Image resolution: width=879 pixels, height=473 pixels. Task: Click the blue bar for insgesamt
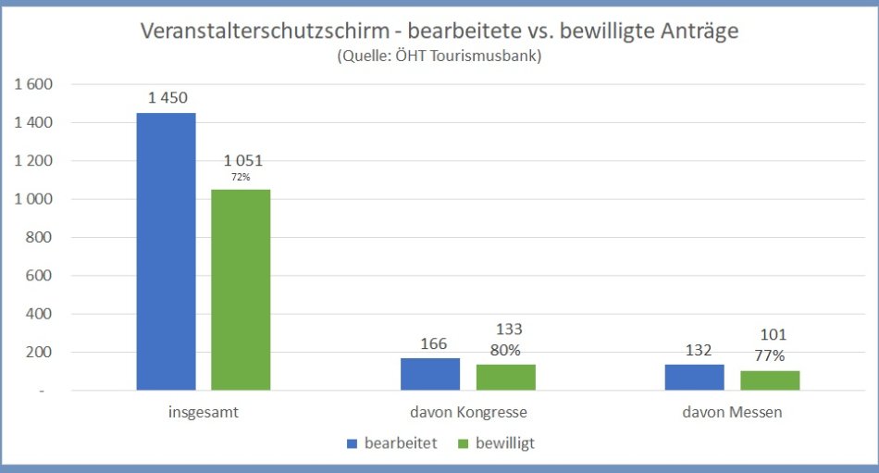pos(167,251)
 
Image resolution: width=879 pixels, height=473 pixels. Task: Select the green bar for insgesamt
pos(241,290)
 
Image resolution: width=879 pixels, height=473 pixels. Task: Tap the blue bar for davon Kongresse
pos(430,373)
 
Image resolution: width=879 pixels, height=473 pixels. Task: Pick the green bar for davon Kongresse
pos(506,377)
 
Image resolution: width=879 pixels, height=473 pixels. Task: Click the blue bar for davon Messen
pos(695,377)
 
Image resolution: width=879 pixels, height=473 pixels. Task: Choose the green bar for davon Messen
pos(770,380)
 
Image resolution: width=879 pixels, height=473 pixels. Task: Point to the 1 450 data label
pos(167,97)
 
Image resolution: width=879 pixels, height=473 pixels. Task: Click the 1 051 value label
pos(243,160)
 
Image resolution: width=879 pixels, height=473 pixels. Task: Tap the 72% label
pos(241,176)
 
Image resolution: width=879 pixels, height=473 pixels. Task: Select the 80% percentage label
pos(505,350)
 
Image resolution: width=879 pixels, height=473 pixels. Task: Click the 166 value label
pos(431,343)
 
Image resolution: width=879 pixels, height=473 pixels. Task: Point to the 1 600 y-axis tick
pos(34,84)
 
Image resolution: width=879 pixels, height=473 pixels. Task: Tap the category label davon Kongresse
pos(468,413)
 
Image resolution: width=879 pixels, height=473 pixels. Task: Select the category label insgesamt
pos(204,413)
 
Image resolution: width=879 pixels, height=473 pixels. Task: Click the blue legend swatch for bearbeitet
pos(352,443)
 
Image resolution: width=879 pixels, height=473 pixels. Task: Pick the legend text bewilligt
pos(505,443)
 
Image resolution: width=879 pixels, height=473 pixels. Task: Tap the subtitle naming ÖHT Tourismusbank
pos(439,56)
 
